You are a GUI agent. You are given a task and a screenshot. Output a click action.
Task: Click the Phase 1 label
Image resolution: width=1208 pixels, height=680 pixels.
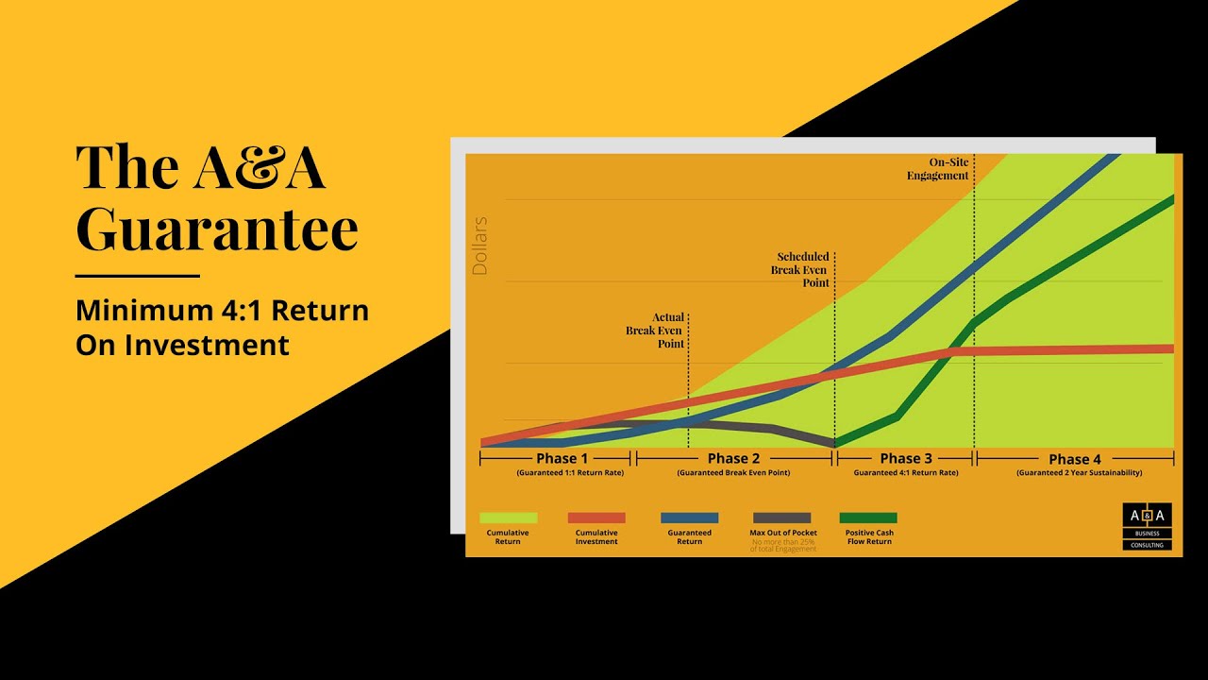click(562, 459)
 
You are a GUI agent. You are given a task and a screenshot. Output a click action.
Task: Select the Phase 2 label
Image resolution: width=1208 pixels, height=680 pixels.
click(733, 459)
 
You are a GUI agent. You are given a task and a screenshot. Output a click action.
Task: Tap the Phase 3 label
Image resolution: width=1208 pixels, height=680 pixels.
click(906, 459)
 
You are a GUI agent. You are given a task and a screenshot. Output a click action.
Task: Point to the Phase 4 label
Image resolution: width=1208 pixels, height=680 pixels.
click(1075, 459)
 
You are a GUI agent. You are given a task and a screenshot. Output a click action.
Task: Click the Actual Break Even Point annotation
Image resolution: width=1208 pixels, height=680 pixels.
click(655, 331)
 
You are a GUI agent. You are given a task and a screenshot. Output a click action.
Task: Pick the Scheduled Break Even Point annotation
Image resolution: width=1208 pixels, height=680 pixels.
click(803, 269)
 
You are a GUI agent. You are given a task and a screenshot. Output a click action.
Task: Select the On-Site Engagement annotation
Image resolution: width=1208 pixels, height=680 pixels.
click(938, 169)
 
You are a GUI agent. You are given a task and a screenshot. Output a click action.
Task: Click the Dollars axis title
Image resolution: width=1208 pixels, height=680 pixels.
click(479, 246)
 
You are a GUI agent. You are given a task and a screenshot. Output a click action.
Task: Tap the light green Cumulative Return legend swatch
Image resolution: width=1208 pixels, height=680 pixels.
click(508, 518)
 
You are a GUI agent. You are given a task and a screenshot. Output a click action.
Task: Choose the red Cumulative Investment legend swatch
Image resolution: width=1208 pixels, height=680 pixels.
click(596, 518)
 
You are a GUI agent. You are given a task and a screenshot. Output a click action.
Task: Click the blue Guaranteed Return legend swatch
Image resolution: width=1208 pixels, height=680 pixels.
click(689, 518)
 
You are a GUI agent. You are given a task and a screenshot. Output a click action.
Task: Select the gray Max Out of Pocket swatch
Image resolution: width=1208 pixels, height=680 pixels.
click(781, 518)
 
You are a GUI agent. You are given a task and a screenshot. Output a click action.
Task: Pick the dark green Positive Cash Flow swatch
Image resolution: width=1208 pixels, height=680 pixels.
click(868, 518)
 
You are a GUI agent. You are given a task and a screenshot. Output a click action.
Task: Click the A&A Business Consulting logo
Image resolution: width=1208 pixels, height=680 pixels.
click(1147, 526)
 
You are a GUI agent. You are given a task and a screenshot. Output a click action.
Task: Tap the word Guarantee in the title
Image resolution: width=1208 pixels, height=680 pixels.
click(216, 229)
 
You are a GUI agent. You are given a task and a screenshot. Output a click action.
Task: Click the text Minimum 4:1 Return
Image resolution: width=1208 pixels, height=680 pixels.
click(222, 310)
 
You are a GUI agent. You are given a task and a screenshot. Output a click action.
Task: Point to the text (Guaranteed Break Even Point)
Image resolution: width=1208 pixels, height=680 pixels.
click(733, 472)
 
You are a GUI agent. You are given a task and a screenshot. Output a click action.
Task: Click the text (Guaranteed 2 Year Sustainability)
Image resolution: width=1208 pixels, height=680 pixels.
click(1079, 472)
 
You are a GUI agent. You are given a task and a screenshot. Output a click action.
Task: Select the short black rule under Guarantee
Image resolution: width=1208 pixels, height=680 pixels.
click(138, 276)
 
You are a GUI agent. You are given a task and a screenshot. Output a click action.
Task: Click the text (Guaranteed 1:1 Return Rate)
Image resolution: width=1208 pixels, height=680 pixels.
click(570, 472)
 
